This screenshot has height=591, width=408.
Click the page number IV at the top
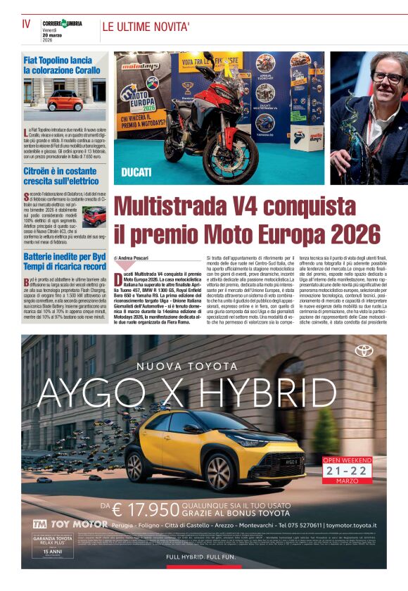pyautogui.click(x=26, y=24)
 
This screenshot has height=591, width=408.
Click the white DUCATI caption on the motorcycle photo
pyautogui.click(x=136, y=172)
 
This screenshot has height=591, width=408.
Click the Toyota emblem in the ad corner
pyautogui.click(x=364, y=350)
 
